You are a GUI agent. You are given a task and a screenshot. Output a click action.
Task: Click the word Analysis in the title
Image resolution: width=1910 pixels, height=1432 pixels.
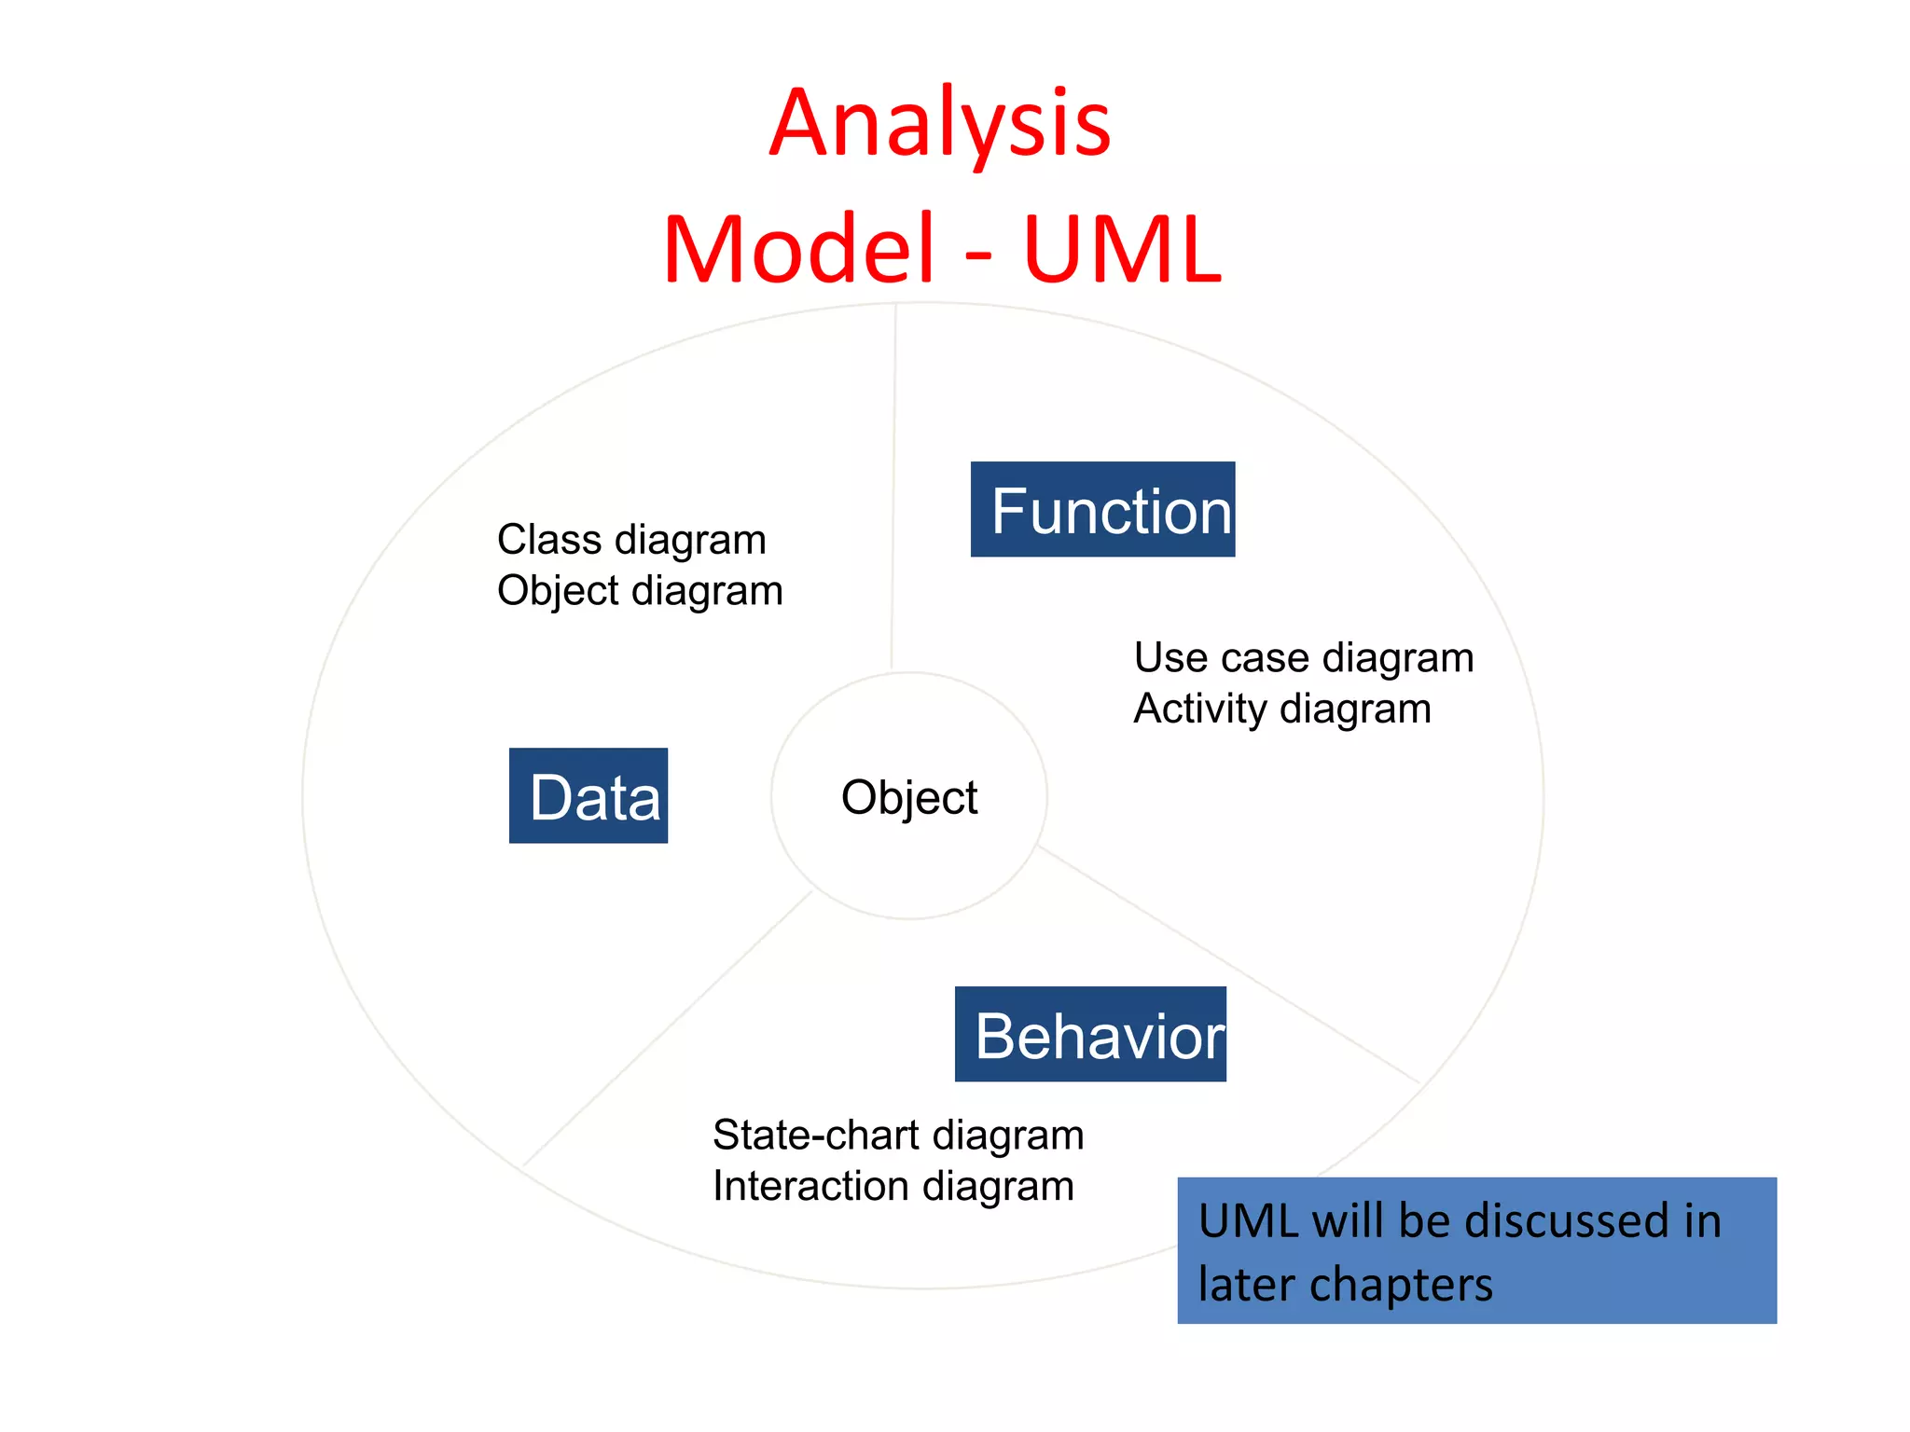940,123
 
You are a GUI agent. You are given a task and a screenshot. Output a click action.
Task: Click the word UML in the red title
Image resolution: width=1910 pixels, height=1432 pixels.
1121,250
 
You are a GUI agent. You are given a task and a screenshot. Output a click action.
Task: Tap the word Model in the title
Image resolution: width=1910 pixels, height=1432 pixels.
798,250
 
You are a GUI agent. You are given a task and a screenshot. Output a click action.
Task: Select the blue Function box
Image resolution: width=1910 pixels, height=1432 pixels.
1102,509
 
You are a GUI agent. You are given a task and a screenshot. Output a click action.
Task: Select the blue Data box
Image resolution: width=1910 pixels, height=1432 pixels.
588,795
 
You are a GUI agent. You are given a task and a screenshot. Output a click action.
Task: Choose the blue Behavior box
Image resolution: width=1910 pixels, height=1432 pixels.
1089,1034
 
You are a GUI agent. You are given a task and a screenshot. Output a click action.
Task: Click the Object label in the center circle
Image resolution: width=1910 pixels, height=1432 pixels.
909,798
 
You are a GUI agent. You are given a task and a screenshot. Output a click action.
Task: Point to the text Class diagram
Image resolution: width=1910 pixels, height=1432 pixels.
631,540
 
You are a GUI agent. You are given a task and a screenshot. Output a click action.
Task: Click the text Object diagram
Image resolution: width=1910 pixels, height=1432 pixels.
640,591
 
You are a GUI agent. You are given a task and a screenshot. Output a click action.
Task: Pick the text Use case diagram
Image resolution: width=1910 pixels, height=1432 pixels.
1303,658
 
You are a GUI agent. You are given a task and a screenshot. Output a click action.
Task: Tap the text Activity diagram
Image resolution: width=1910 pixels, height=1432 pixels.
1282,709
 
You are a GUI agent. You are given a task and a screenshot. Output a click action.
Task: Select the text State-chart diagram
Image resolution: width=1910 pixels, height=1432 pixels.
898,1136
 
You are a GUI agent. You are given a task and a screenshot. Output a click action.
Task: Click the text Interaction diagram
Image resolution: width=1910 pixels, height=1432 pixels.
893,1187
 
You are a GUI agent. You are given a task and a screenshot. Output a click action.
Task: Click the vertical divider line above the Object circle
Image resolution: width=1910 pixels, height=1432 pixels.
893,485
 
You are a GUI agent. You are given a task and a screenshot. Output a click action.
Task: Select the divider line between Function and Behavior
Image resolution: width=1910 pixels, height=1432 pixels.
1231,966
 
